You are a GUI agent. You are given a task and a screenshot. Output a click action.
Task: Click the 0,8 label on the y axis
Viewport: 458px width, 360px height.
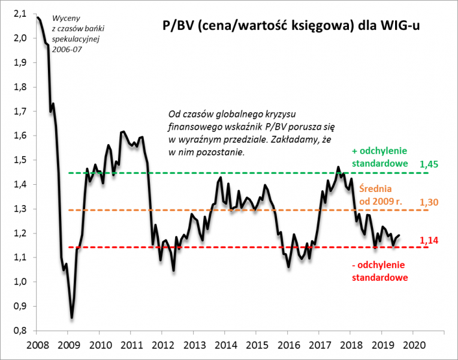(x=20, y=331)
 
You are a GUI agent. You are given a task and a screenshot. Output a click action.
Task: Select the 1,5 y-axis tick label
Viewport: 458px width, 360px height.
(x=20, y=160)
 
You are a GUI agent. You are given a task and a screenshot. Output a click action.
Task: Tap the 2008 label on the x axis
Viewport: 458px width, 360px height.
(x=37, y=345)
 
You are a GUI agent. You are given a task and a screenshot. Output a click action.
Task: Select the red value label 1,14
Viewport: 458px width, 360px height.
(x=429, y=240)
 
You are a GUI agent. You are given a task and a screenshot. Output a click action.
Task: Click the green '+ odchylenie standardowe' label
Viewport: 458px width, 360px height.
(x=380, y=157)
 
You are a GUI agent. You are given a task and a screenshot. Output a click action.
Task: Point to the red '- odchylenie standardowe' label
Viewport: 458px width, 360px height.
(x=379, y=272)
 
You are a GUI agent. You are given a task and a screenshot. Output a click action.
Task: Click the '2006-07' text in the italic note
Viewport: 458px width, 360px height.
(x=68, y=49)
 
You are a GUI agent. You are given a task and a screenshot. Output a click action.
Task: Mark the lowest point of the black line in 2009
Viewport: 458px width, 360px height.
(x=72, y=318)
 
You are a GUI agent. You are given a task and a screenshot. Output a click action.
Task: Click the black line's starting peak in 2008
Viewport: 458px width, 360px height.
(x=37, y=17)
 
